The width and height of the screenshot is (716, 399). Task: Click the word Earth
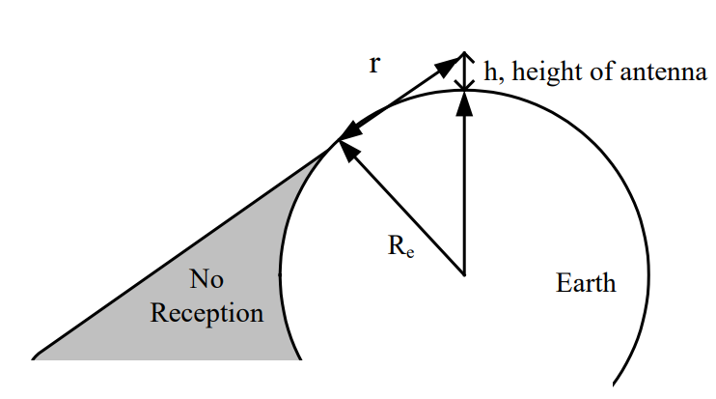pyautogui.click(x=586, y=284)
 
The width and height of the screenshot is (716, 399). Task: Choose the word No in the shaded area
pyautogui.click(x=207, y=281)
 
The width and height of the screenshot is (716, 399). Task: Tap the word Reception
pyautogui.click(x=207, y=313)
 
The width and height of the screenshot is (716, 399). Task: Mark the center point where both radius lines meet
pyautogui.click(x=465, y=274)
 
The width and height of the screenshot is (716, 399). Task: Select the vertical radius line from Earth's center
pyautogui.click(x=465, y=193)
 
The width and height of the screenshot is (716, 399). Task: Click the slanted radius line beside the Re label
pyautogui.click(x=405, y=212)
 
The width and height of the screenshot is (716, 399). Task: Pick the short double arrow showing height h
pyautogui.click(x=465, y=71)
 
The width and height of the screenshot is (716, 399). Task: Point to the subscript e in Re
pyautogui.click(x=409, y=255)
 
